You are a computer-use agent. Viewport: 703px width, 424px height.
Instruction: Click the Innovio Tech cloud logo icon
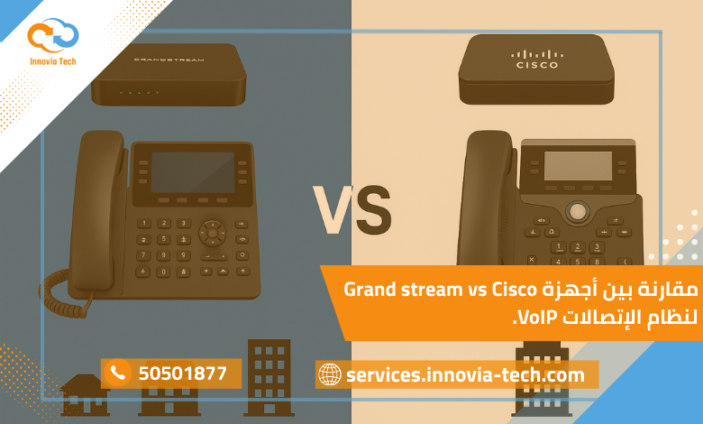click(x=52, y=35)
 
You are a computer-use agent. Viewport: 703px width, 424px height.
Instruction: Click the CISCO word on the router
click(x=537, y=65)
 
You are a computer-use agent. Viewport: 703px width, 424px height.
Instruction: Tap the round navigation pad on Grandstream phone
click(x=213, y=232)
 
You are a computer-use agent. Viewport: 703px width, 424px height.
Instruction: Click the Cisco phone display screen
click(x=577, y=164)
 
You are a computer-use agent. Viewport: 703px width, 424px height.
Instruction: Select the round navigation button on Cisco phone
click(x=577, y=212)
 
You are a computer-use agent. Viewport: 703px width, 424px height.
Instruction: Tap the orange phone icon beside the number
click(x=117, y=373)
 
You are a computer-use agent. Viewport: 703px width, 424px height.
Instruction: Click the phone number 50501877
click(x=182, y=373)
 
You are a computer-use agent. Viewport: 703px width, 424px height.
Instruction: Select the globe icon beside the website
click(x=330, y=374)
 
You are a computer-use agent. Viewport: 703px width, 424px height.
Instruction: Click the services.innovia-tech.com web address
click(x=465, y=374)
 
